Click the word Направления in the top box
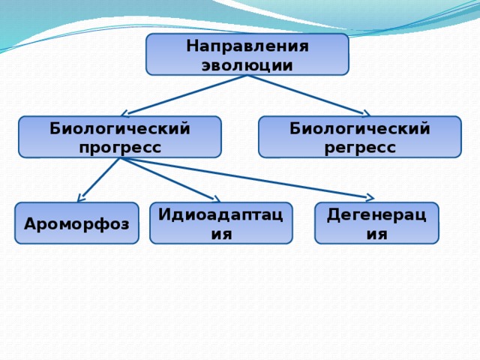(247, 46)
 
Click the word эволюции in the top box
(247, 64)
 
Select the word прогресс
(120, 147)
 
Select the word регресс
(360, 147)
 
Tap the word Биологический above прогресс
(120, 128)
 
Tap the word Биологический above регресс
(360, 128)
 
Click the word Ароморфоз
(76, 223)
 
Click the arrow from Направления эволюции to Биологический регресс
(307, 94)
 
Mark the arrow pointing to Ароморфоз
(100, 178)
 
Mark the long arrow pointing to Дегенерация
(247, 178)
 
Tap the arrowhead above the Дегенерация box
(369, 198)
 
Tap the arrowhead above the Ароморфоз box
(80, 198)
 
